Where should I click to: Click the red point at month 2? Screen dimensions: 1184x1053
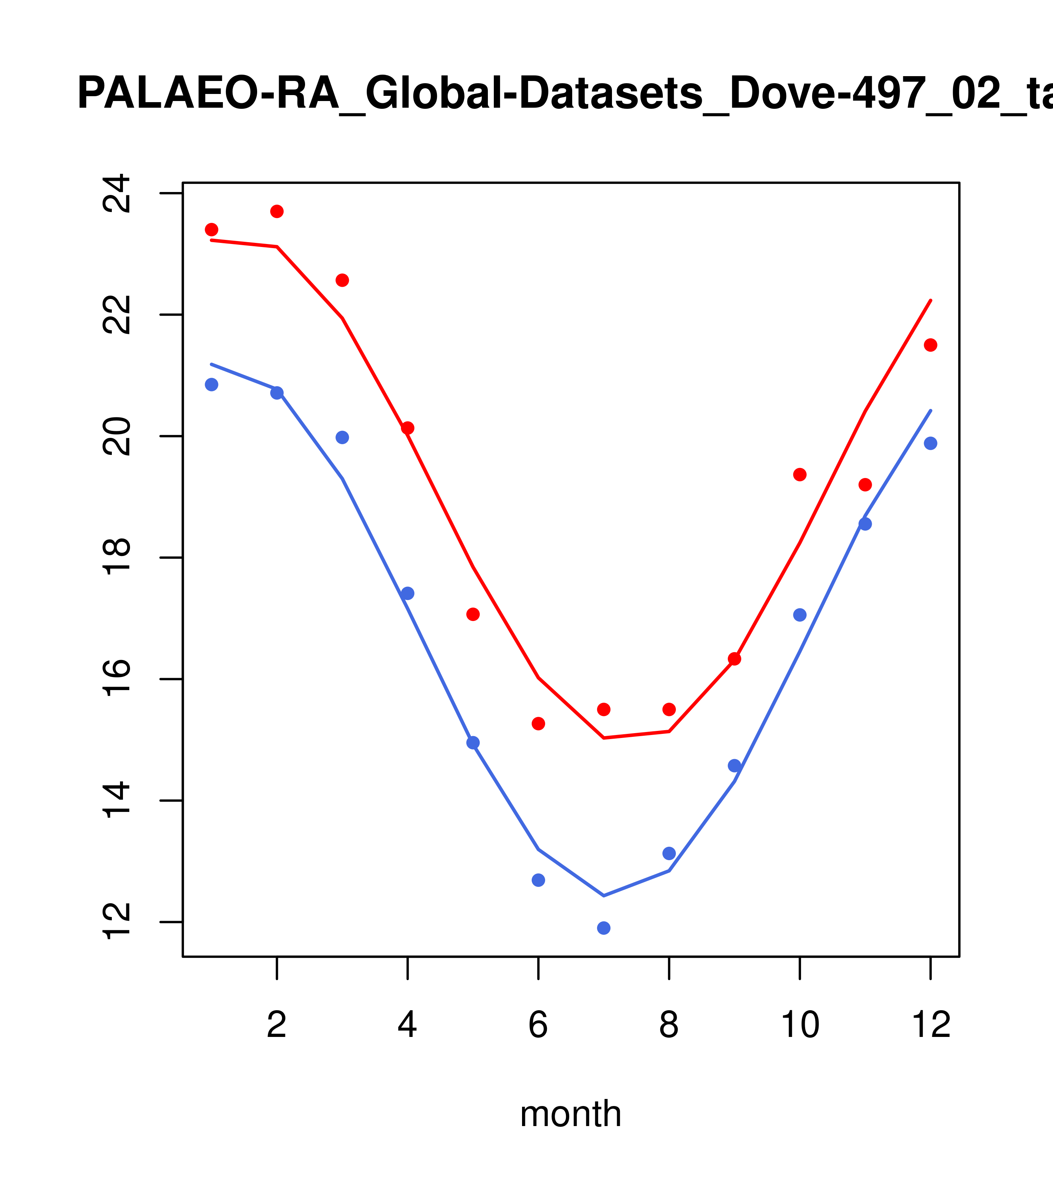click(277, 211)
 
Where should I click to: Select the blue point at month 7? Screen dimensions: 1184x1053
click(604, 928)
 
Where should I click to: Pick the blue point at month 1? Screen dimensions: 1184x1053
click(211, 385)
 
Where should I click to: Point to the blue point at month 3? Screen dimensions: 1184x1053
click(343, 438)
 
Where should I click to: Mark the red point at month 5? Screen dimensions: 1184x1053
click(473, 614)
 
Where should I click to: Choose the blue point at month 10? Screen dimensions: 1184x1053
click(800, 615)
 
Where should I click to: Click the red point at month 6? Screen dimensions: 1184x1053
click(538, 723)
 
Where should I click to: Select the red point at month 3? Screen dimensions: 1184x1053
click(343, 280)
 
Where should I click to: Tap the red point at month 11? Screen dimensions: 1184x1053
click(865, 485)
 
